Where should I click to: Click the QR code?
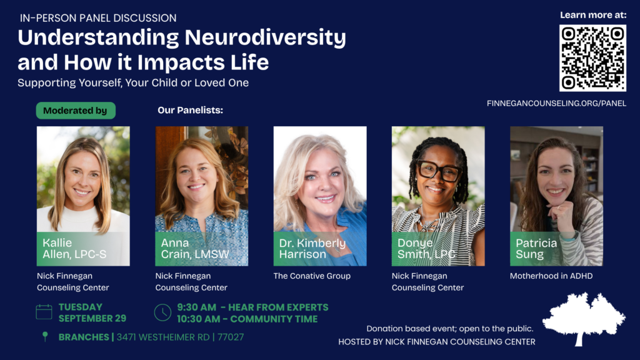pos(592,57)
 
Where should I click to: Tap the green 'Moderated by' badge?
pos(76,111)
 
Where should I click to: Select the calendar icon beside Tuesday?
pos(44,312)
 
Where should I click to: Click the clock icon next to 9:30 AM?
pos(162,312)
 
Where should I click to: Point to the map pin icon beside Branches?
pos(45,336)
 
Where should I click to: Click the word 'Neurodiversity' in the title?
pos(265,38)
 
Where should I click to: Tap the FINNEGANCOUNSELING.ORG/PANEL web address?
pos(556,103)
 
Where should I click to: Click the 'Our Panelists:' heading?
pos(190,110)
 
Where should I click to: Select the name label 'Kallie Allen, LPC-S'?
pos(74,249)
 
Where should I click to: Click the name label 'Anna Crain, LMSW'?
pos(195,249)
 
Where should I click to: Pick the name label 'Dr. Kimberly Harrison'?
pos(312,249)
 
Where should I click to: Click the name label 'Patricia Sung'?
pos(536,249)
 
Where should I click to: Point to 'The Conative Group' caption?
pos(312,276)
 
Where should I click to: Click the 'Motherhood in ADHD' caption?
pos(551,276)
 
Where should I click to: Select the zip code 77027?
pos(231,337)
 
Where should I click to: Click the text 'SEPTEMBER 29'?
pos(92,318)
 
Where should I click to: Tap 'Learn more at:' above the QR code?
pos(593,15)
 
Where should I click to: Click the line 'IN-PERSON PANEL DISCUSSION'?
pos(98,18)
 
